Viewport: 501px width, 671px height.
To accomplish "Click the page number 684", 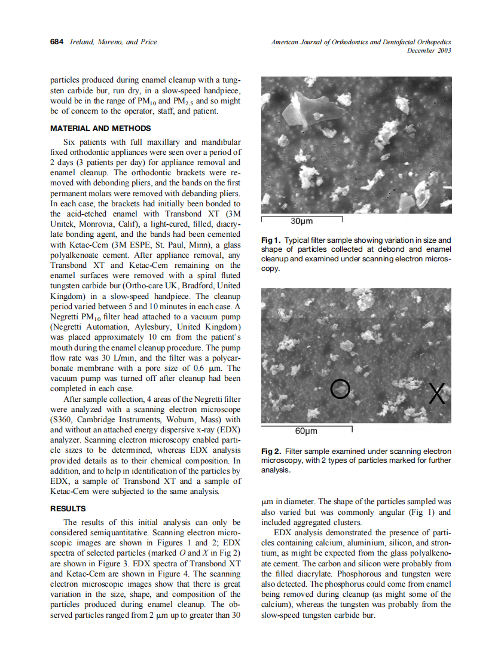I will click(57, 42).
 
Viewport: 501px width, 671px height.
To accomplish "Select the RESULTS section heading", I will click(68, 508).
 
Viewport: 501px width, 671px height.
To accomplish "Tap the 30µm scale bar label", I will click(301, 222).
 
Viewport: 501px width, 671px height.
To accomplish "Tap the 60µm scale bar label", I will click(306, 431).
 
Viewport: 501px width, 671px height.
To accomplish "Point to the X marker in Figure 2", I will click(436, 394).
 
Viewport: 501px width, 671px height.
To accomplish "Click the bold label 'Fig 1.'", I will click(271, 240).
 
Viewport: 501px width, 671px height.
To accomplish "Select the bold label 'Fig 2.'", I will click(271, 452).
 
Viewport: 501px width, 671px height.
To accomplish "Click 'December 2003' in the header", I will click(429, 50).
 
